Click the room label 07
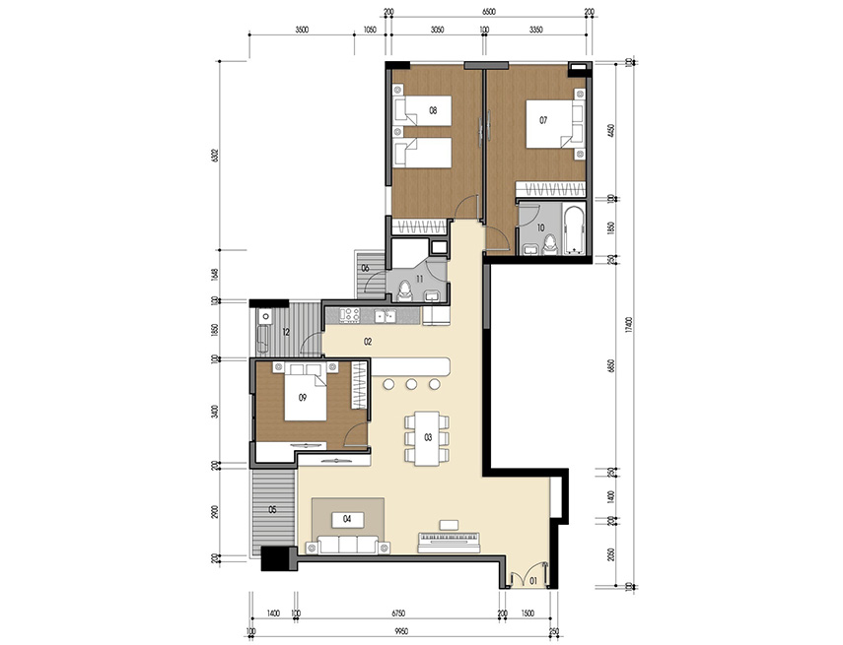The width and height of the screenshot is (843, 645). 542,120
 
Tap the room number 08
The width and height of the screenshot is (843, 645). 433,110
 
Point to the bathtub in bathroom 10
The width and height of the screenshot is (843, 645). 573,231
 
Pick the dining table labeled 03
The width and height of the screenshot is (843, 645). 427,436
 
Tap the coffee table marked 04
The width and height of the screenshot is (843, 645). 347,517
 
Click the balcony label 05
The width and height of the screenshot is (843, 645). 273,509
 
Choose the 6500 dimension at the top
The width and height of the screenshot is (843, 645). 489,13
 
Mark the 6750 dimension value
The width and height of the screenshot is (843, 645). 399,613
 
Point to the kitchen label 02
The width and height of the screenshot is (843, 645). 367,341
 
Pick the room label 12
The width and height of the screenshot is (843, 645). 286,332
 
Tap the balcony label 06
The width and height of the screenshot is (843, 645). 365,268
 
